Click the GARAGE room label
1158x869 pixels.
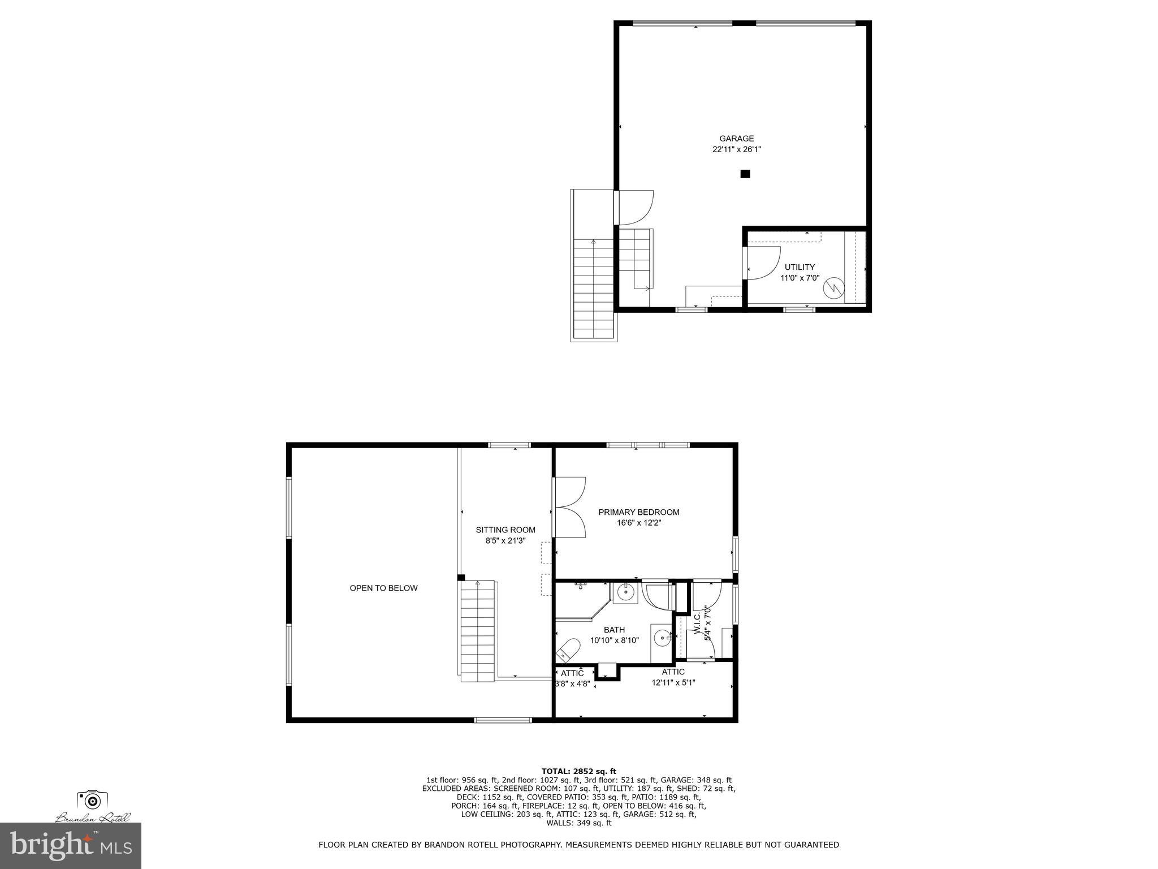736,139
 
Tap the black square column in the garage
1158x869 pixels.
745,174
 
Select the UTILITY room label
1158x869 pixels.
800,267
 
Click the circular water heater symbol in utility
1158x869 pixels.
833,287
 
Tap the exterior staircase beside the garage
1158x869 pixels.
593,289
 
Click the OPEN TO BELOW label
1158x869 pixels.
383,588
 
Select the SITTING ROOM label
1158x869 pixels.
505,530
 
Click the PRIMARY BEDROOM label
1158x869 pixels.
639,512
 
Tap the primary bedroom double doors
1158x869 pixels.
570,507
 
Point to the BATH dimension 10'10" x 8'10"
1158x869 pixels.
614,640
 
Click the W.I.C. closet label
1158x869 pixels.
701,622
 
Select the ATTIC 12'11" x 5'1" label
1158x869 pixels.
673,677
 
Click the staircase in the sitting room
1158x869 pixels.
478,630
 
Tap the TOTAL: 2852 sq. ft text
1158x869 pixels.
578,771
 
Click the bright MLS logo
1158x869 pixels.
71,845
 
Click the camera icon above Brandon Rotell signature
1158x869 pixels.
92,800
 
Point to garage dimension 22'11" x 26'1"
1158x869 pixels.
736,150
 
